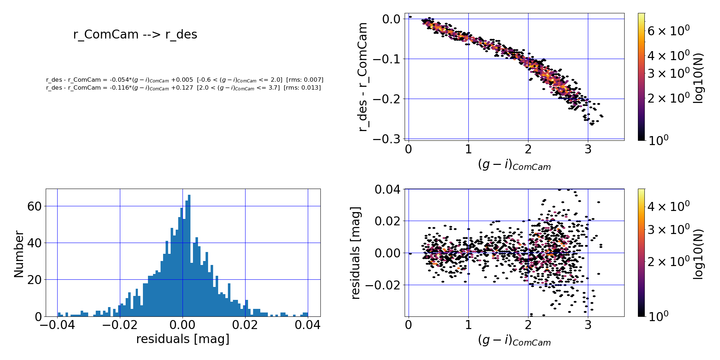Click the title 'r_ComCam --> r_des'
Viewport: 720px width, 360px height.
[x=135, y=35]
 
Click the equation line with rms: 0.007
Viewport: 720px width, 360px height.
[x=185, y=80]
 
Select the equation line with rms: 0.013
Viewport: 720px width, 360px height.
[x=183, y=88]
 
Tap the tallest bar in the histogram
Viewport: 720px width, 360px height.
[x=189, y=256]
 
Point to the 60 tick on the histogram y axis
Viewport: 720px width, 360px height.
[x=34, y=206]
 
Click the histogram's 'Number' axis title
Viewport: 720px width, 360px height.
[x=19, y=254]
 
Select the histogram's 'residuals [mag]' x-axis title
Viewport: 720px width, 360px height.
[x=183, y=339]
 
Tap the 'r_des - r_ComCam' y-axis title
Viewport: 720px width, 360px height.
[x=363, y=77]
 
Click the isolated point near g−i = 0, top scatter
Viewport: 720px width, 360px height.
[x=410, y=17]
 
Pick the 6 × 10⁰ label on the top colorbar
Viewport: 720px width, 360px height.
[x=668, y=31]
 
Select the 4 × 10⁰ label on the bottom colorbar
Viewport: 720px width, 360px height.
[x=668, y=206]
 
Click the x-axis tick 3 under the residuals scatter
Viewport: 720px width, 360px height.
[x=588, y=325]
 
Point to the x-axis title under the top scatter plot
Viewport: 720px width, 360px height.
[x=514, y=165]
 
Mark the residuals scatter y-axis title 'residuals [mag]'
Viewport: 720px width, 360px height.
[x=355, y=253]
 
